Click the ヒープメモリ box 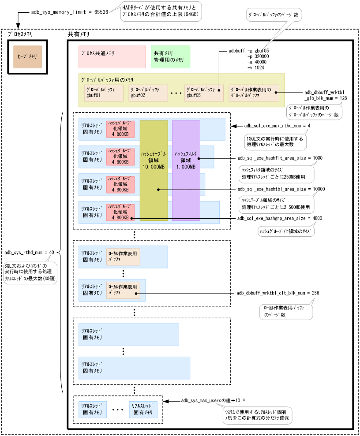click(x=27, y=56)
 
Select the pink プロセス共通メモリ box click(x=112, y=57)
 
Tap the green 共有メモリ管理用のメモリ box click(x=170, y=56)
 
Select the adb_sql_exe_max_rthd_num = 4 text click(x=277, y=126)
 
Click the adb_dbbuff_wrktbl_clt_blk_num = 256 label click(x=275, y=293)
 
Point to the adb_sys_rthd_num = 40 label click(x=29, y=253)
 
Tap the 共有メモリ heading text click(x=78, y=34)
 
